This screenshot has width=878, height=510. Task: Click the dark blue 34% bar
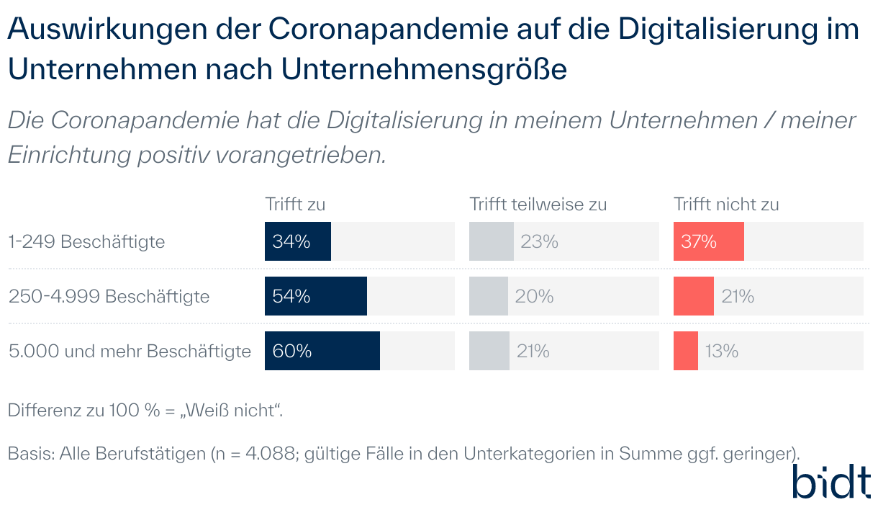click(x=297, y=241)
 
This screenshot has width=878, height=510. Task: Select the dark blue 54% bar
click(x=315, y=296)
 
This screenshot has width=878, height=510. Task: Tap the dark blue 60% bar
click(x=322, y=351)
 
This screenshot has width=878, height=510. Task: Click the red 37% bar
click(x=708, y=241)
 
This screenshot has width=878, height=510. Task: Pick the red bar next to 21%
click(x=693, y=296)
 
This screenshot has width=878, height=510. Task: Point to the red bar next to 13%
click(x=685, y=351)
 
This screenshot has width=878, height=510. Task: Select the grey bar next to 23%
click(x=491, y=241)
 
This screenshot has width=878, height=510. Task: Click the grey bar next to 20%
click(x=488, y=296)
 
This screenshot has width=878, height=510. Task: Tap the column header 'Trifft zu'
click(x=295, y=205)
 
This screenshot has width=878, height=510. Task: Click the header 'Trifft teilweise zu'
click(x=538, y=205)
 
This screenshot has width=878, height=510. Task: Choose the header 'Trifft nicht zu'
click(x=726, y=205)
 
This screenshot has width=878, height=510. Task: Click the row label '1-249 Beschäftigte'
click(x=86, y=242)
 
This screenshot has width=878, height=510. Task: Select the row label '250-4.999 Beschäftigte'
click(x=109, y=296)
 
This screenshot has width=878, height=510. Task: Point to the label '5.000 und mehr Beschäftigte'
click(x=130, y=352)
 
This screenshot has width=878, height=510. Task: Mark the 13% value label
click(x=721, y=352)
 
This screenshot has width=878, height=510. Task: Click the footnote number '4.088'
click(x=267, y=454)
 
